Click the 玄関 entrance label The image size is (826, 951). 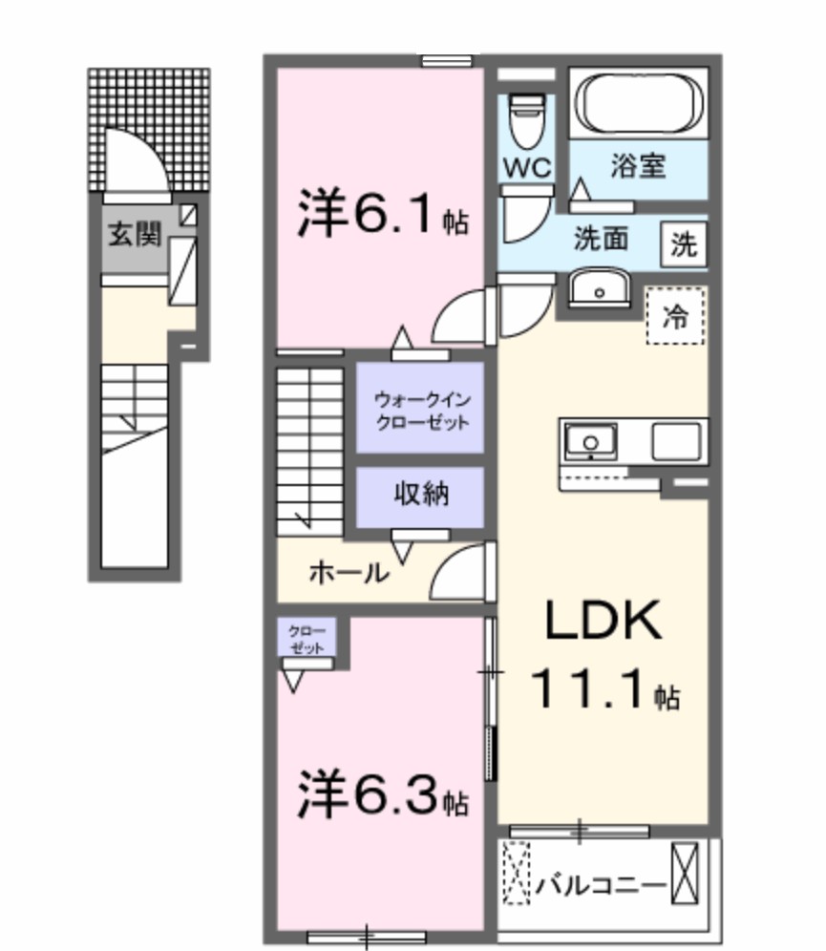click(133, 234)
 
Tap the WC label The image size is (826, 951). click(528, 168)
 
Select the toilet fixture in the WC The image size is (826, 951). click(527, 119)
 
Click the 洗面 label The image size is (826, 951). click(600, 240)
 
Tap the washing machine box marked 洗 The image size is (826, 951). click(683, 245)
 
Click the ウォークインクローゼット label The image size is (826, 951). click(421, 408)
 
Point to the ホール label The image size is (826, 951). click(348, 573)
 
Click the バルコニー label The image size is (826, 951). click(600, 885)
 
